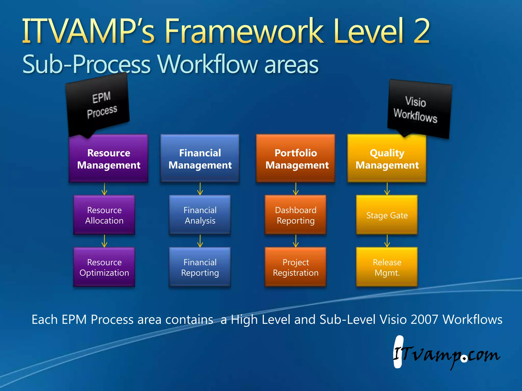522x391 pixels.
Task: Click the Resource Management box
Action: (109, 159)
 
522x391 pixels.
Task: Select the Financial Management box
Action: (200, 159)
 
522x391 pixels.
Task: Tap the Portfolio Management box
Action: (296, 159)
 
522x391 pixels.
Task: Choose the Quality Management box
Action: (387, 159)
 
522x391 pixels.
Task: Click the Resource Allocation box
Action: (104, 215)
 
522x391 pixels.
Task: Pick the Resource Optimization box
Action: (104, 267)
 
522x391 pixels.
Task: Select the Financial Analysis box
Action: (200, 215)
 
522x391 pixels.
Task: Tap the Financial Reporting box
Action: (200, 267)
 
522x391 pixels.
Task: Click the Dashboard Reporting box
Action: (296, 215)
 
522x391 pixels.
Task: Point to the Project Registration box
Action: (296, 267)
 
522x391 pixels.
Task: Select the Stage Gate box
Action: (387, 215)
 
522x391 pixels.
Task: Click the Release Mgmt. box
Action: (387, 267)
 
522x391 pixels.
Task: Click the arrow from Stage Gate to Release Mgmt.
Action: (387, 241)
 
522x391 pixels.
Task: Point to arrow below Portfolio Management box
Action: (296, 189)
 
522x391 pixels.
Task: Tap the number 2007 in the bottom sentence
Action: (424, 319)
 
